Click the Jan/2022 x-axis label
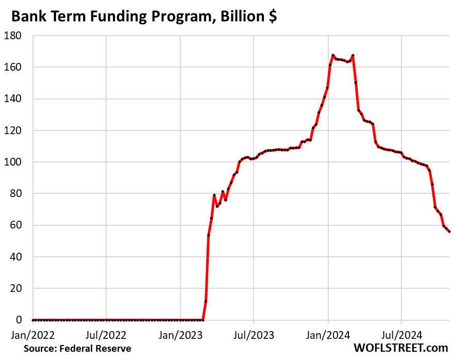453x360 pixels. click(32, 334)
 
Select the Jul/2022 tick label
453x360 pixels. click(107, 334)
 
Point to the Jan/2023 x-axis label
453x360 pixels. click(180, 334)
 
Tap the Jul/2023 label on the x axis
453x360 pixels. click(254, 334)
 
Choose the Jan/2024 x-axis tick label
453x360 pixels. click(328, 334)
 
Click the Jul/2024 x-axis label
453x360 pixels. click(401, 334)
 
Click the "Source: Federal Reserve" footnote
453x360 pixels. click(77, 349)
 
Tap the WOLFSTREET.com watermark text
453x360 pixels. click(400, 348)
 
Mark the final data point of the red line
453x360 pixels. click(449, 232)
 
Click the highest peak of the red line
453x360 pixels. click(333, 55)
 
